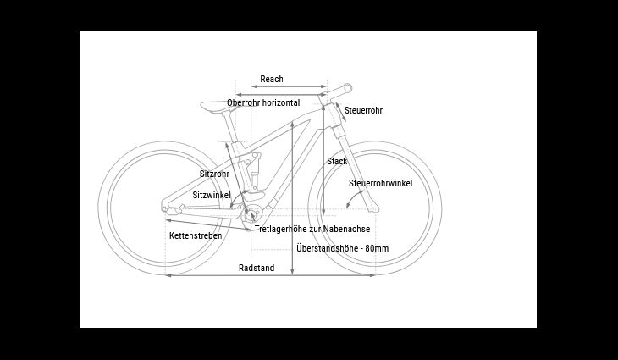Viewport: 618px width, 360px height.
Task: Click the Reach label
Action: [272, 80]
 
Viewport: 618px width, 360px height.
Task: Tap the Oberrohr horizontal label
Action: [263, 102]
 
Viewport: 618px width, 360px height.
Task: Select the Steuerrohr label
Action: [363, 110]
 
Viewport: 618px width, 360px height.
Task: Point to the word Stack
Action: [337, 161]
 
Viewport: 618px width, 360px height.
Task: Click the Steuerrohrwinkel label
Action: [381, 183]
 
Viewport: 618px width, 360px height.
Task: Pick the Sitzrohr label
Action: [214, 174]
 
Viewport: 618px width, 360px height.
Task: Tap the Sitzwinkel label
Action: [212, 195]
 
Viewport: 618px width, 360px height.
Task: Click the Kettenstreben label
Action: [196, 235]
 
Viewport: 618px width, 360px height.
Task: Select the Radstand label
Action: [257, 269]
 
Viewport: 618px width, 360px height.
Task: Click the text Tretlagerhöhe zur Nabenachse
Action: [312, 229]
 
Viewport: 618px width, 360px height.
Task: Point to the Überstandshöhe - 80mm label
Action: [343, 248]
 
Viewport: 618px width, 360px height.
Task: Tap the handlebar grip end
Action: [348, 88]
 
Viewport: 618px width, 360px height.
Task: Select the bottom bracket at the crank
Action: [251, 215]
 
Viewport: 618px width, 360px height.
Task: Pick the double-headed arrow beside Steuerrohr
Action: [341, 113]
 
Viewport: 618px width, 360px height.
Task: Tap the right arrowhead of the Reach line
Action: [324, 86]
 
